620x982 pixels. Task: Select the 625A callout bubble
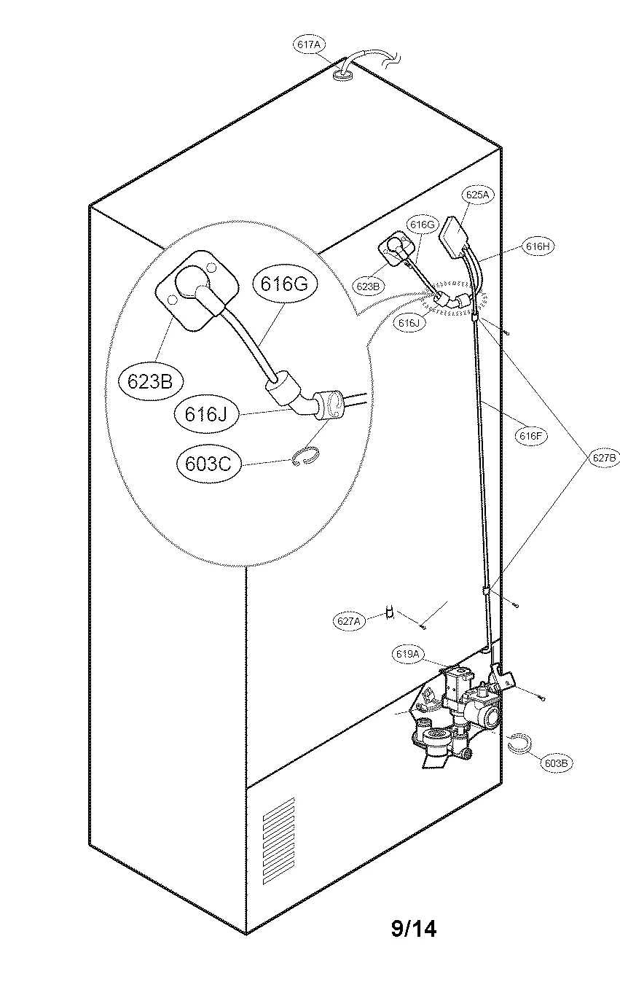pos(477,195)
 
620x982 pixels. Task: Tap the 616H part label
pos(538,246)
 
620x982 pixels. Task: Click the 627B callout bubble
pos(604,458)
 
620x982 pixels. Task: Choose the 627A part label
pos(348,621)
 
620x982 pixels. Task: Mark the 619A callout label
pos(409,654)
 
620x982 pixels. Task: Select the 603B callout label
pos(557,763)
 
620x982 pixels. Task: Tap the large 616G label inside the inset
pos(286,284)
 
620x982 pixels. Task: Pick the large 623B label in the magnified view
pos(149,381)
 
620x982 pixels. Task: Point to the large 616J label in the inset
pos(206,414)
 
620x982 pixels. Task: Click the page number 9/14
pos(414,929)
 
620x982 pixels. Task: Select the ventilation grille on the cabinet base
pos(278,830)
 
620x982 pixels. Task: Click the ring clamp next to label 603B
pos(519,744)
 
